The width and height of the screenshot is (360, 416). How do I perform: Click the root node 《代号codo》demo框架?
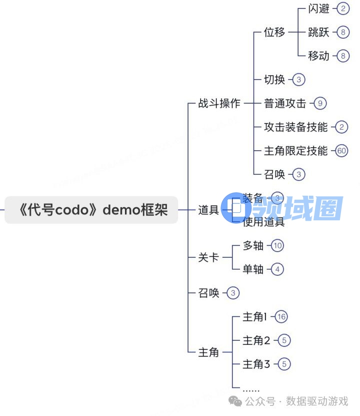[x=91, y=210]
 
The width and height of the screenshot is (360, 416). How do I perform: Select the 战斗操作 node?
[x=219, y=104]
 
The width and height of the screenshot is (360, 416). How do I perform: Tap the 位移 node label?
[x=274, y=33]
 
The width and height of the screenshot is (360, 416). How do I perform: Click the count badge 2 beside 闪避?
[x=342, y=9]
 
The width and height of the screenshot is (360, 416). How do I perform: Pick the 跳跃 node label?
[x=318, y=33]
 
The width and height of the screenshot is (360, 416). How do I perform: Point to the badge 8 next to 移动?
[x=342, y=56]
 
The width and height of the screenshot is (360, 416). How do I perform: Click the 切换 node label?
[x=274, y=80]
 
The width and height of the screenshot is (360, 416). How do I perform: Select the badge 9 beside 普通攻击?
[x=320, y=104]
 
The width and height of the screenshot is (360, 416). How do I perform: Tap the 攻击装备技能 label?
[x=296, y=127]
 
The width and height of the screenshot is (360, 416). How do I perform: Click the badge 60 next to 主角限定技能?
[x=342, y=151]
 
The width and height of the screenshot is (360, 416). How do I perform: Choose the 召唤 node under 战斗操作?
[x=274, y=174]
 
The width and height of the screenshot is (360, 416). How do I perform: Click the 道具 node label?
[x=208, y=210]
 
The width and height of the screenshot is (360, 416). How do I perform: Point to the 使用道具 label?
[x=263, y=222]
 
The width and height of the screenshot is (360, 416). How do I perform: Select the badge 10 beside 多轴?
[x=277, y=245]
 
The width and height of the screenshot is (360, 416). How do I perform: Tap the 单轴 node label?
[x=253, y=269]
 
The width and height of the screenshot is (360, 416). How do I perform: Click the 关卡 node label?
[x=208, y=257]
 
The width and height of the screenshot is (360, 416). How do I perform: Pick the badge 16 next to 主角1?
[x=281, y=317]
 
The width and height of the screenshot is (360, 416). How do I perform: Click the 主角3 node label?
[x=256, y=364]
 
